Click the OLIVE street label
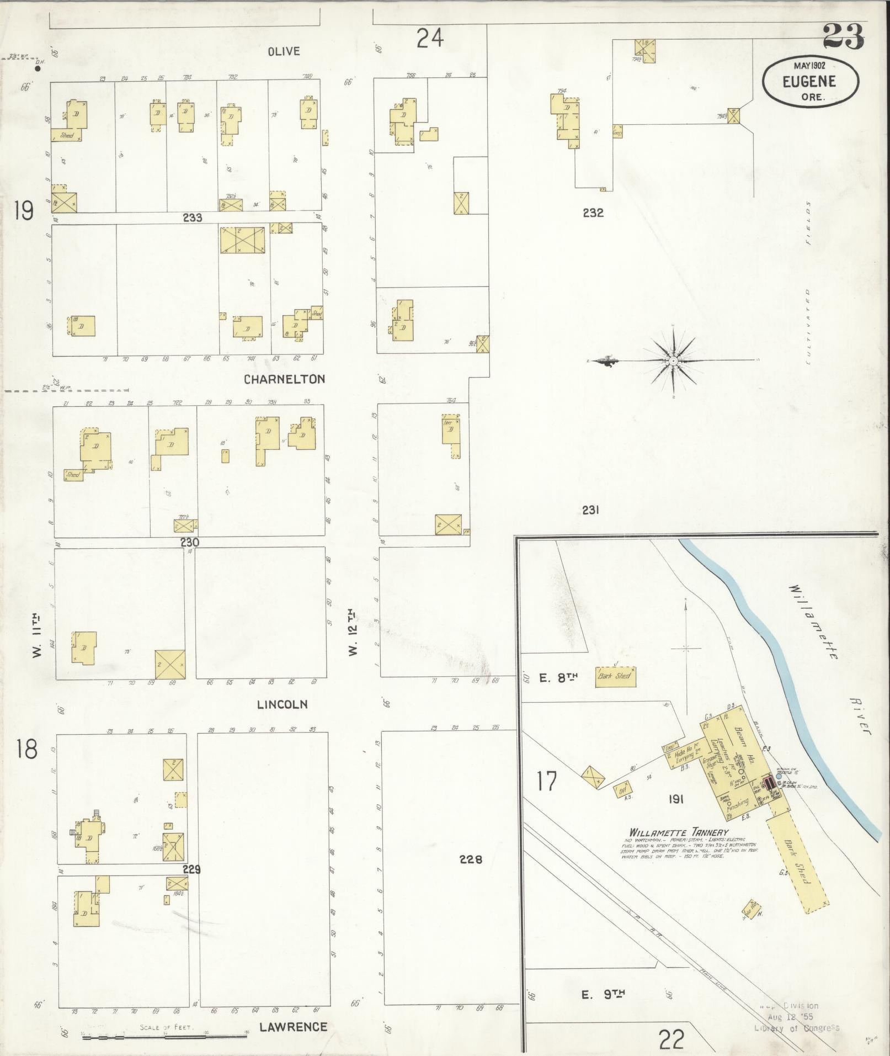click(284, 51)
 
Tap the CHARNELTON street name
click(285, 379)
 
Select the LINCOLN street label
click(282, 704)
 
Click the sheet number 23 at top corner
click(843, 37)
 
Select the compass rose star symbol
click(674, 361)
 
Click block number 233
click(193, 218)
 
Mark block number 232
click(593, 213)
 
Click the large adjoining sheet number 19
click(24, 210)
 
